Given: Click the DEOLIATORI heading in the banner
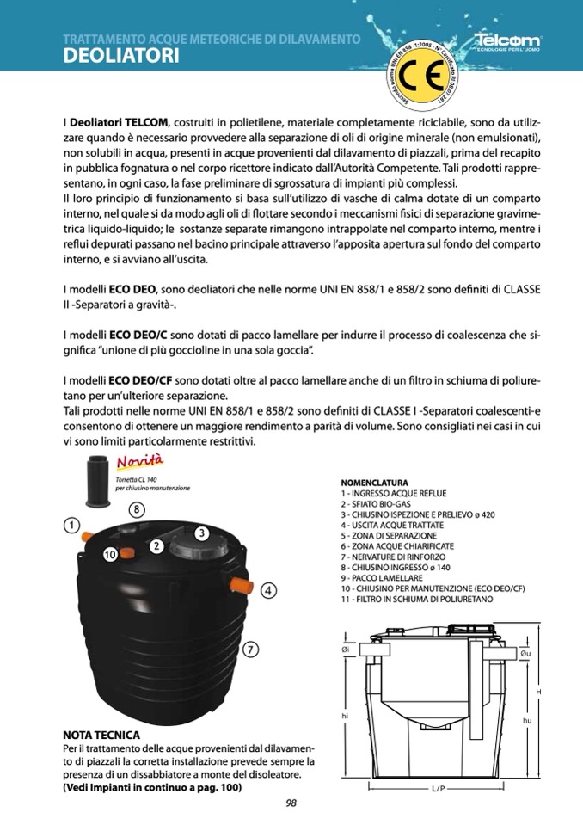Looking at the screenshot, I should pyautogui.click(x=121, y=57).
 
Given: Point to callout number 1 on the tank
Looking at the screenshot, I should pyautogui.click(x=72, y=525).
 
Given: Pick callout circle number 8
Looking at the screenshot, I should pyautogui.click(x=137, y=509).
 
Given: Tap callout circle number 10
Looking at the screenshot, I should pyautogui.click(x=109, y=554).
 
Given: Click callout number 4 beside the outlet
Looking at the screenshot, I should pyautogui.click(x=268, y=590).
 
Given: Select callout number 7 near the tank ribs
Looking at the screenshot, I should pyautogui.click(x=250, y=650).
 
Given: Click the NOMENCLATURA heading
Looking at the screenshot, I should pyautogui.click(x=374, y=483).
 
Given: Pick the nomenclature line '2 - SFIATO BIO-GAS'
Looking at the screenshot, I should pyautogui.click(x=376, y=504).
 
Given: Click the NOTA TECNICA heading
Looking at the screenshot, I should pyautogui.click(x=101, y=736).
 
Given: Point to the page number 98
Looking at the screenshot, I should pyautogui.click(x=291, y=803).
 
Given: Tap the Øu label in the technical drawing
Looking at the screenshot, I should pyautogui.click(x=525, y=655).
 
